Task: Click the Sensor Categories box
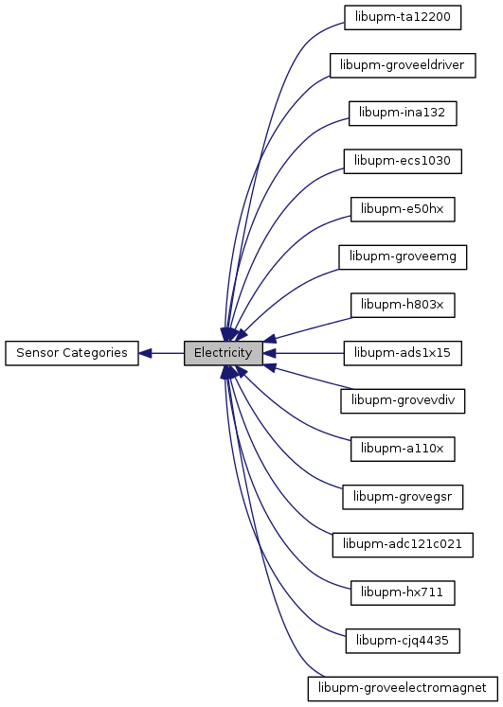[x=72, y=353]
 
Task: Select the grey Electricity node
[x=224, y=353]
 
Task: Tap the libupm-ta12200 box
[x=403, y=18]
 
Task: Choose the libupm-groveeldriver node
[x=403, y=65]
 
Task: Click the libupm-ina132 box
[x=403, y=114]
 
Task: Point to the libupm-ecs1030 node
[x=403, y=162]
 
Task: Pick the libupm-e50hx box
[x=403, y=209]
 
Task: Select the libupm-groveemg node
[x=403, y=257]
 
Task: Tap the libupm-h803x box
[x=403, y=306]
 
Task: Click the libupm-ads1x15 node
[x=403, y=353]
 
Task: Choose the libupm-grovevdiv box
[x=403, y=401]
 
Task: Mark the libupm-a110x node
[x=403, y=449]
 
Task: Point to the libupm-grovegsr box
[x=403, y=497]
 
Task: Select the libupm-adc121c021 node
[x=403, y=544]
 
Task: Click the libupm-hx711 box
[x=403, y=592]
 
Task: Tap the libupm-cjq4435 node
[x=403, y=641]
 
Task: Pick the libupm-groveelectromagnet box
[x=403, y=688]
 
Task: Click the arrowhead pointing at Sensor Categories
[x=145, y=353]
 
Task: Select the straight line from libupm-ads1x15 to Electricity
[x=303, y=353]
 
